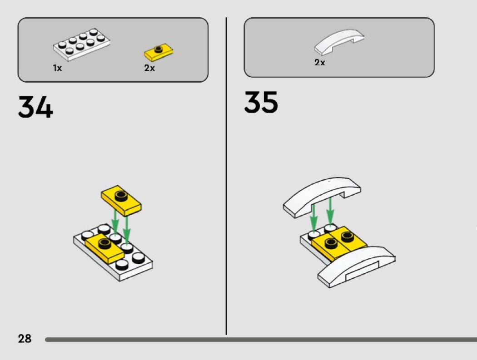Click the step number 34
[x=35, y=107]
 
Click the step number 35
[x=261, y=102]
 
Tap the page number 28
[x=25, y=338]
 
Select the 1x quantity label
[x=57, y=68]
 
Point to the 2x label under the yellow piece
[x=149, y=68]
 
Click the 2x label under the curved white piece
[x=320, y=62]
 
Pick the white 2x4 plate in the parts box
[x=81, y=44]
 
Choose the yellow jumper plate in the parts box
[x=159, y=52]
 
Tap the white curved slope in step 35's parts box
[x=339, y=42]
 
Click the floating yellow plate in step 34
[x=121, y=200]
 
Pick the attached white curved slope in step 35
[x=357, y=266]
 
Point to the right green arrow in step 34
[x=127, y=230]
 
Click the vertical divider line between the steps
[x=226, y=176]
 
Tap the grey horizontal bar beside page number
[x=261, y=339]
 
